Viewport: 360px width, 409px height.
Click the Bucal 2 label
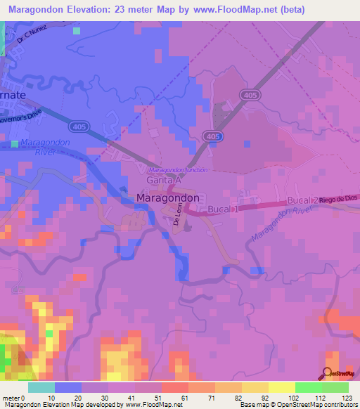pyautogui.click(x=303, y=201)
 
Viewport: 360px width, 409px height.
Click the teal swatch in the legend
pyautogui.click(x=41, y=387)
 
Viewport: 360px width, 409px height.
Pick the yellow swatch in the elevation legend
pyautogui.click(x=281, y=387)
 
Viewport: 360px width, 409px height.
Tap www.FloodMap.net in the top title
pyautogui.click(x=256, y=10)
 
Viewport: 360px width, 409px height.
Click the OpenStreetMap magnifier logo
pyautogui.click(x=328, y=372)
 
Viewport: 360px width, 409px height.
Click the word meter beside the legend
pyautogui.click(x=11, y=398)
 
